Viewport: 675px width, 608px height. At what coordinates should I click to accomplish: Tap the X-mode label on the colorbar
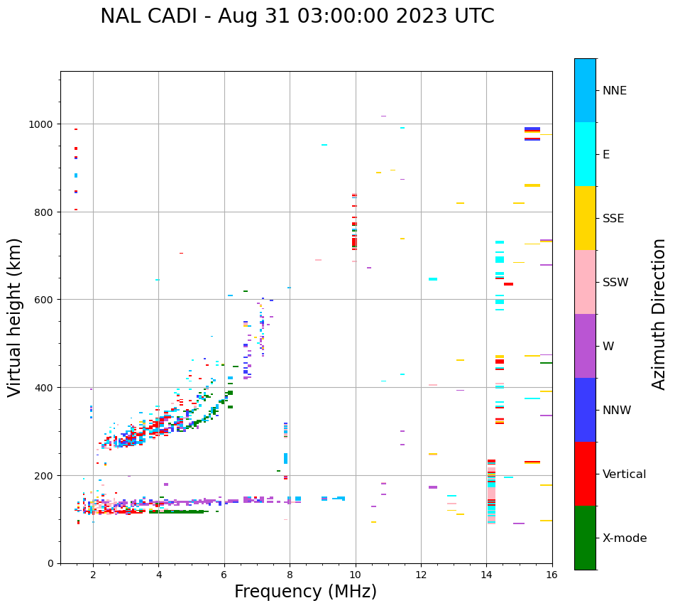click(x=625, y=538)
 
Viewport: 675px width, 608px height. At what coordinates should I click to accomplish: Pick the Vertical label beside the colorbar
click(x=625, y=474)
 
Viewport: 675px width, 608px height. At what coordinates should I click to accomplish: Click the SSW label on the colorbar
click(x=615, y=283)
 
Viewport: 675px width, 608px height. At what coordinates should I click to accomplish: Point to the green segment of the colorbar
click(x=585, y=538)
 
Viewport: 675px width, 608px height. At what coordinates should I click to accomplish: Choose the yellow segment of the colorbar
click(x=585, y=218)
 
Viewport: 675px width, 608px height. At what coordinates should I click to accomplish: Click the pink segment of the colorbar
click(x=585, y=282)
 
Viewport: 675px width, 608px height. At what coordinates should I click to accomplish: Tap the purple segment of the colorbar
click(x=585, y=346)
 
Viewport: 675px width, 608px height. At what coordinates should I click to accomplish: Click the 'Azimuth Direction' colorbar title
click(x=659, y=314)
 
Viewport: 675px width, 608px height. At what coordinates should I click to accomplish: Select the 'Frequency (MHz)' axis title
click(x=305, y=592)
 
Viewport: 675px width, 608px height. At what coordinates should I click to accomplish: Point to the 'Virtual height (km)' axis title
click(x=15, y=317)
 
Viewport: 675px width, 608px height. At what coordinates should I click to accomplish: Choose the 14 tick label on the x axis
click(x=486, y=575)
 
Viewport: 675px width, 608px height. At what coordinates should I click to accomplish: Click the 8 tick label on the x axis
click(x=290, y=575)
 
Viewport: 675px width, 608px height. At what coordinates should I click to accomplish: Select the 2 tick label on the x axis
click(x=93, y=575)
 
